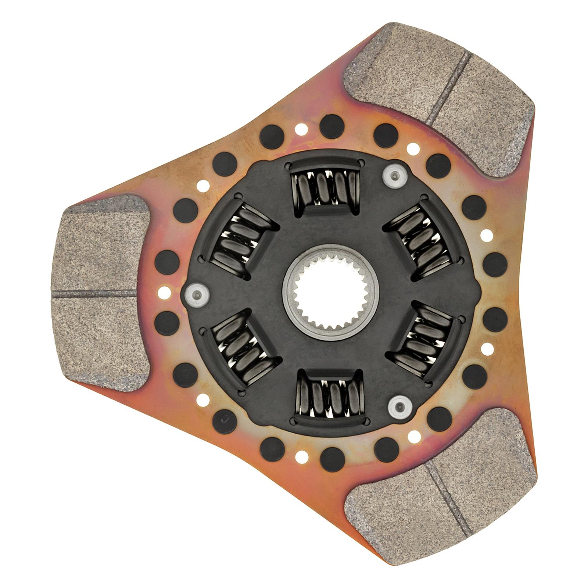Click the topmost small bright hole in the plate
click(x=301, y=129)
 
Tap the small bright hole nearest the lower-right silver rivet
click(x=414, y=436)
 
